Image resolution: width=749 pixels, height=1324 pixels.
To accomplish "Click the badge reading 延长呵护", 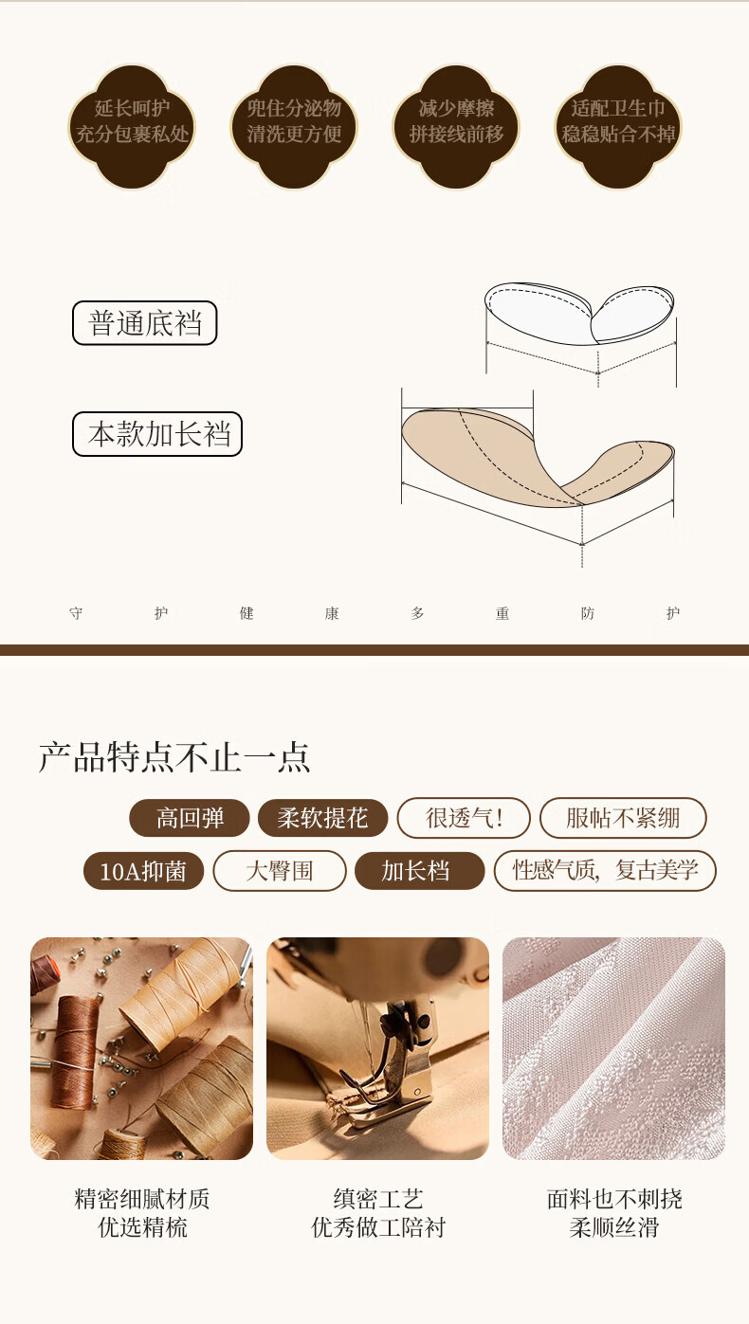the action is [132, 127].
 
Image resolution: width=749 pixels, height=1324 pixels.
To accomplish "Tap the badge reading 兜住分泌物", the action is [294, 127].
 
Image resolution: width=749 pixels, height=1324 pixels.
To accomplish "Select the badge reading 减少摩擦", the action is [456, 127].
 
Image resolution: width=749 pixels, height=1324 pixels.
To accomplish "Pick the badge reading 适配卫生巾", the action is [618, 127].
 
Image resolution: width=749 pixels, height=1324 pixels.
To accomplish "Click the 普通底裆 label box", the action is [145, 323].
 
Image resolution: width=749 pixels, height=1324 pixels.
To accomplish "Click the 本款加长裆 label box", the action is [157, 434].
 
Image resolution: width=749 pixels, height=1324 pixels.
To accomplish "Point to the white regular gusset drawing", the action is [579, 314].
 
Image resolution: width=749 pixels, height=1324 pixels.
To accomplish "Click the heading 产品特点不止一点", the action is [174, 757].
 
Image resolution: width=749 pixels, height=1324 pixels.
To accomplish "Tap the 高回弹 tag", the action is [190, 818].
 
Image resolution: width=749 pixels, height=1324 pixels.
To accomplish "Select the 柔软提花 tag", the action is [322, 818].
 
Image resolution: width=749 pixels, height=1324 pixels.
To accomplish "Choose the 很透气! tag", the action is [464, 818].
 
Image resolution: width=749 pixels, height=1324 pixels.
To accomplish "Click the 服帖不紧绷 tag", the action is [623, 818].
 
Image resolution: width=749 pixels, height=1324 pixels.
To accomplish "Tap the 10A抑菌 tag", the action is [144, 871].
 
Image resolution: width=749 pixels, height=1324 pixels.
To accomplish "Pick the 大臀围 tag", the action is [280, 871].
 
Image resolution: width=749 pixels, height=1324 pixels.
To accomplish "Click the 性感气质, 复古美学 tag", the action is [605, 871].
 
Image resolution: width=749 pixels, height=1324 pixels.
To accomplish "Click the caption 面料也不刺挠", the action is [614, 1199].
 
